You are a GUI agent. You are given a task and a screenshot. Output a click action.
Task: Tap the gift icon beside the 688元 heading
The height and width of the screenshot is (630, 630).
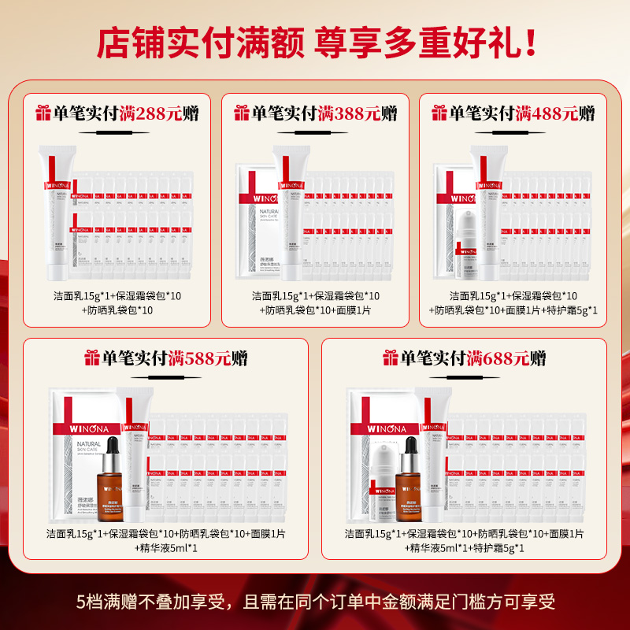coord(390,359)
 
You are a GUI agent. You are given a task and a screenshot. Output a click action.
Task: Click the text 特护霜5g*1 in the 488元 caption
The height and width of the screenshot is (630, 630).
coord(571,310)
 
